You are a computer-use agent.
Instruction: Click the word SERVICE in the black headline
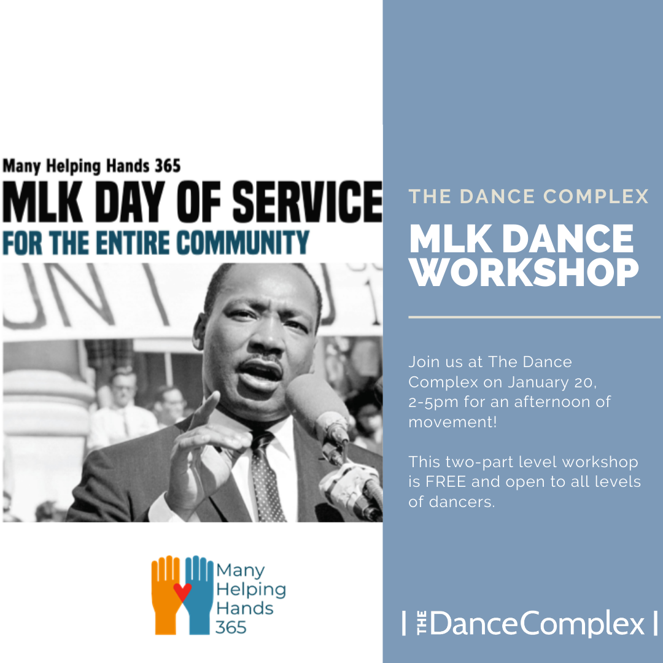[x=307, y=202]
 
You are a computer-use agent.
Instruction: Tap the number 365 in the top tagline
[x=168, y=166]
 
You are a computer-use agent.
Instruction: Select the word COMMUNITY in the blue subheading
[x=242, y=242]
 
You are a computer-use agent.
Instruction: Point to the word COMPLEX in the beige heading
[x=595, y=196]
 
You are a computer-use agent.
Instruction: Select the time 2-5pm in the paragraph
[x=433, y=402]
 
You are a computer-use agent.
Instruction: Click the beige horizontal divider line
[x=534, y=317]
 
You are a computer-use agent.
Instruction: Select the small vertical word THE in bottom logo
[x=422, y=623]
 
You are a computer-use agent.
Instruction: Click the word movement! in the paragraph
[x=452, y=422]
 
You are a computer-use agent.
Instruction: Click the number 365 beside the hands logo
[x=230, y=627]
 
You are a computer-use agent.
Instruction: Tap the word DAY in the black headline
[x=130, y=202]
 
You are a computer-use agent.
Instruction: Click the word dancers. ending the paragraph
[x=462, y=502]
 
